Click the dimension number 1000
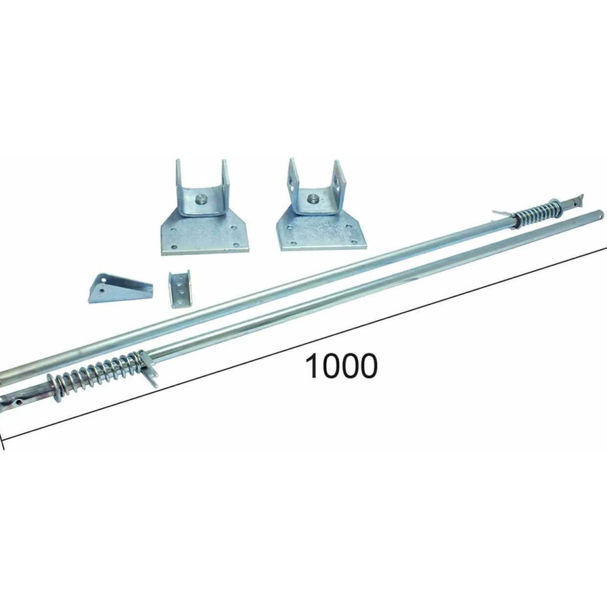[341, 366]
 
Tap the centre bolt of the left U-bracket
[200, 199]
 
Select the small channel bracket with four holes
[180, 289]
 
